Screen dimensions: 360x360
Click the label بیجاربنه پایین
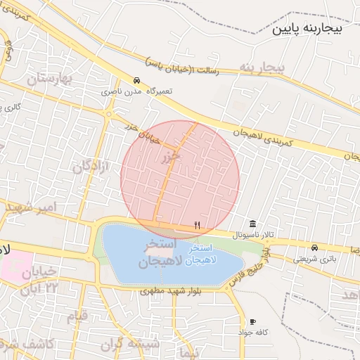pyautogui.click(x=309, y=30)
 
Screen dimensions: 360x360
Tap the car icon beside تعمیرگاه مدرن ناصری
pyautogui.click(x=136, y=81)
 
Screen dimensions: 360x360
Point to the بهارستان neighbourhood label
pyautogui.click(x=50, y=79)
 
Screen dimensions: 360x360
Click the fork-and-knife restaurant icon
pyautogui.click(x=198, y=226)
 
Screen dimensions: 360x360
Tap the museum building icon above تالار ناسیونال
pyautogui.click(x=252, y=223)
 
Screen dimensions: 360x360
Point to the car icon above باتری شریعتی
pyautogui.click(x=314, y=247)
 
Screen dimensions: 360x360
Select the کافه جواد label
pyautogui.click(x=252, y=331)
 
